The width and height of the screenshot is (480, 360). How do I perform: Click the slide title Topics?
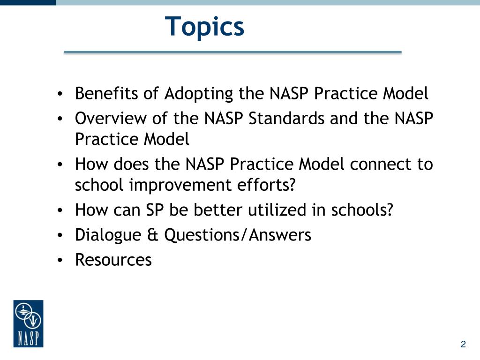click(205, 26)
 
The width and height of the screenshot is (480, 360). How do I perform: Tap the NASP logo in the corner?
click(28, 323)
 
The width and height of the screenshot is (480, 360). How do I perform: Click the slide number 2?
click(463, 345)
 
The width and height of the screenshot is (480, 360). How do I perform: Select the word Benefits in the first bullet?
click(107, 94)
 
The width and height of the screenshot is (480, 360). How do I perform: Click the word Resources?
click(113, 259)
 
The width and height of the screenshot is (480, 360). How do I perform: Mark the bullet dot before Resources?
click(60, 260)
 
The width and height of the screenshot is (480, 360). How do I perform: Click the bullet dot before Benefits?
click(60, 95)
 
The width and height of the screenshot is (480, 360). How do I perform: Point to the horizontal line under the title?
click(232, 52)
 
